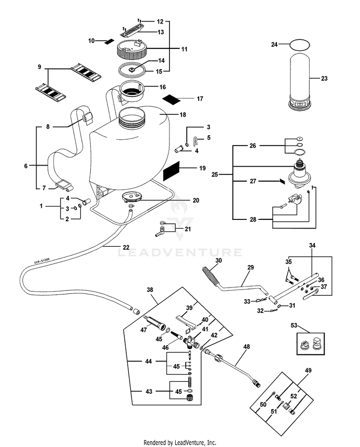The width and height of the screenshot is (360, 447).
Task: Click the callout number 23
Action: click(x=324, y=79)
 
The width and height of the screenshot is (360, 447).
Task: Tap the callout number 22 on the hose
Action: click(x=126, y=247)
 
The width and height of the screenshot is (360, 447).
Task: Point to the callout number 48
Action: click(x=247, y=346)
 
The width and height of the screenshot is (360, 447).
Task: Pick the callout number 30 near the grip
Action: click(x=219, y=260)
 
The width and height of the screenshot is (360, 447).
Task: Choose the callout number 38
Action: click(x=150, y=290)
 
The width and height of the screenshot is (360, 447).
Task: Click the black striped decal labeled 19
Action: click(x=173, y=169)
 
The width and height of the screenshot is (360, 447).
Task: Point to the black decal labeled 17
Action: click(x=171, y=99)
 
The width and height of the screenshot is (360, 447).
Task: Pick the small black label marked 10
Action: click(x=109, y=41)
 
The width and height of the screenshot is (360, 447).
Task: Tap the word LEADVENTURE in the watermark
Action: click(x=180, y=252)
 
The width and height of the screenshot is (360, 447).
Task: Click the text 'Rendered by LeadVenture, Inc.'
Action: click(x=180, y=442)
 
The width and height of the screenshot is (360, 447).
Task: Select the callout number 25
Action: click(x=215, y=174)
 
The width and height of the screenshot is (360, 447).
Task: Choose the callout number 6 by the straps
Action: click(x=26, y=166)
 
